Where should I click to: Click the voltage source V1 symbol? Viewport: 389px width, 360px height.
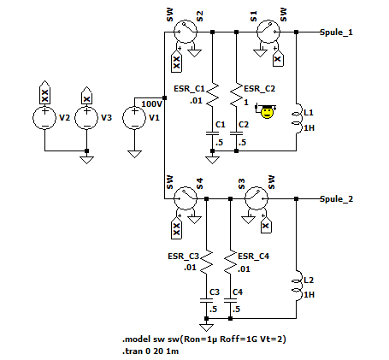[134, 118]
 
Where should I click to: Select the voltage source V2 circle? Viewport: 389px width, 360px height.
[44, 118]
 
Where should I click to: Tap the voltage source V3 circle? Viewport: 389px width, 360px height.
[86, 118]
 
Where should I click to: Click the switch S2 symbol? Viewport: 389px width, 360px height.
[186, 32]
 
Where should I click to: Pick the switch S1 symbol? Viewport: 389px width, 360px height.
[268, 32]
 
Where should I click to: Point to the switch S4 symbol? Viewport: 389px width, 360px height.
[186, 198]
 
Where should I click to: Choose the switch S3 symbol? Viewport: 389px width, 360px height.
[256, 198]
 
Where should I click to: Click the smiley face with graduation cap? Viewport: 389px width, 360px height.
[267, 111]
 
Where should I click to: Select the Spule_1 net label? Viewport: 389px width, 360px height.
[336, 32]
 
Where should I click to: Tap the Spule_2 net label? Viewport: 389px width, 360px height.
[336, 198]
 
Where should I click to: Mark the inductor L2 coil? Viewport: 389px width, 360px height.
[298, 286]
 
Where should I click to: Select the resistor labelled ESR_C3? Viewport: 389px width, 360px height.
[206, 263]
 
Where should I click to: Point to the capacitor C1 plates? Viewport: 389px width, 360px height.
[212, 133]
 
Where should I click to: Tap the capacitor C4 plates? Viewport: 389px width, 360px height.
[230, 300]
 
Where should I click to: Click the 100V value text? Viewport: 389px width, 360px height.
[152, 104]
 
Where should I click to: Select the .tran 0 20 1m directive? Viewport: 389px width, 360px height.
[150, 351]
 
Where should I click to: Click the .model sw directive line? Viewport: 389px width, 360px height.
[204, 339]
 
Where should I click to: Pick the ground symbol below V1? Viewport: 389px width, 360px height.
[134, 154]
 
